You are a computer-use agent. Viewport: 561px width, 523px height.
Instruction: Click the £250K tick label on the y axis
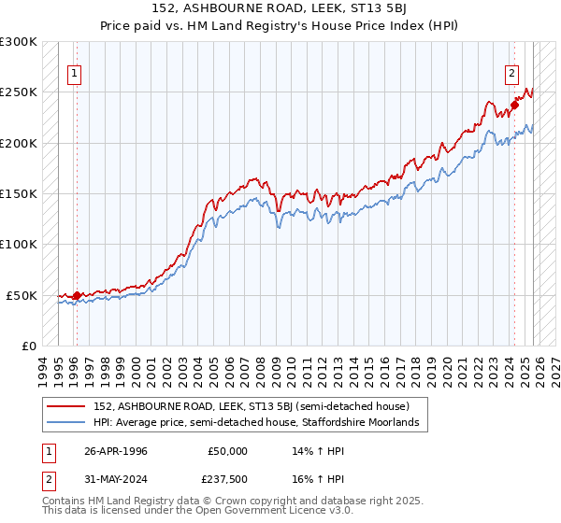(19, 92)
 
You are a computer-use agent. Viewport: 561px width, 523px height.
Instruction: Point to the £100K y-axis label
(19, 245)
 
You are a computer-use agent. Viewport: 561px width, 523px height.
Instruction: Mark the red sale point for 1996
(77, 295)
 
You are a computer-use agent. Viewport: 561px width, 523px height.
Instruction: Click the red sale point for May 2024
(514, 106)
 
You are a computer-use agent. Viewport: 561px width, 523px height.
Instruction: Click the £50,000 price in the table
(228, 451)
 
